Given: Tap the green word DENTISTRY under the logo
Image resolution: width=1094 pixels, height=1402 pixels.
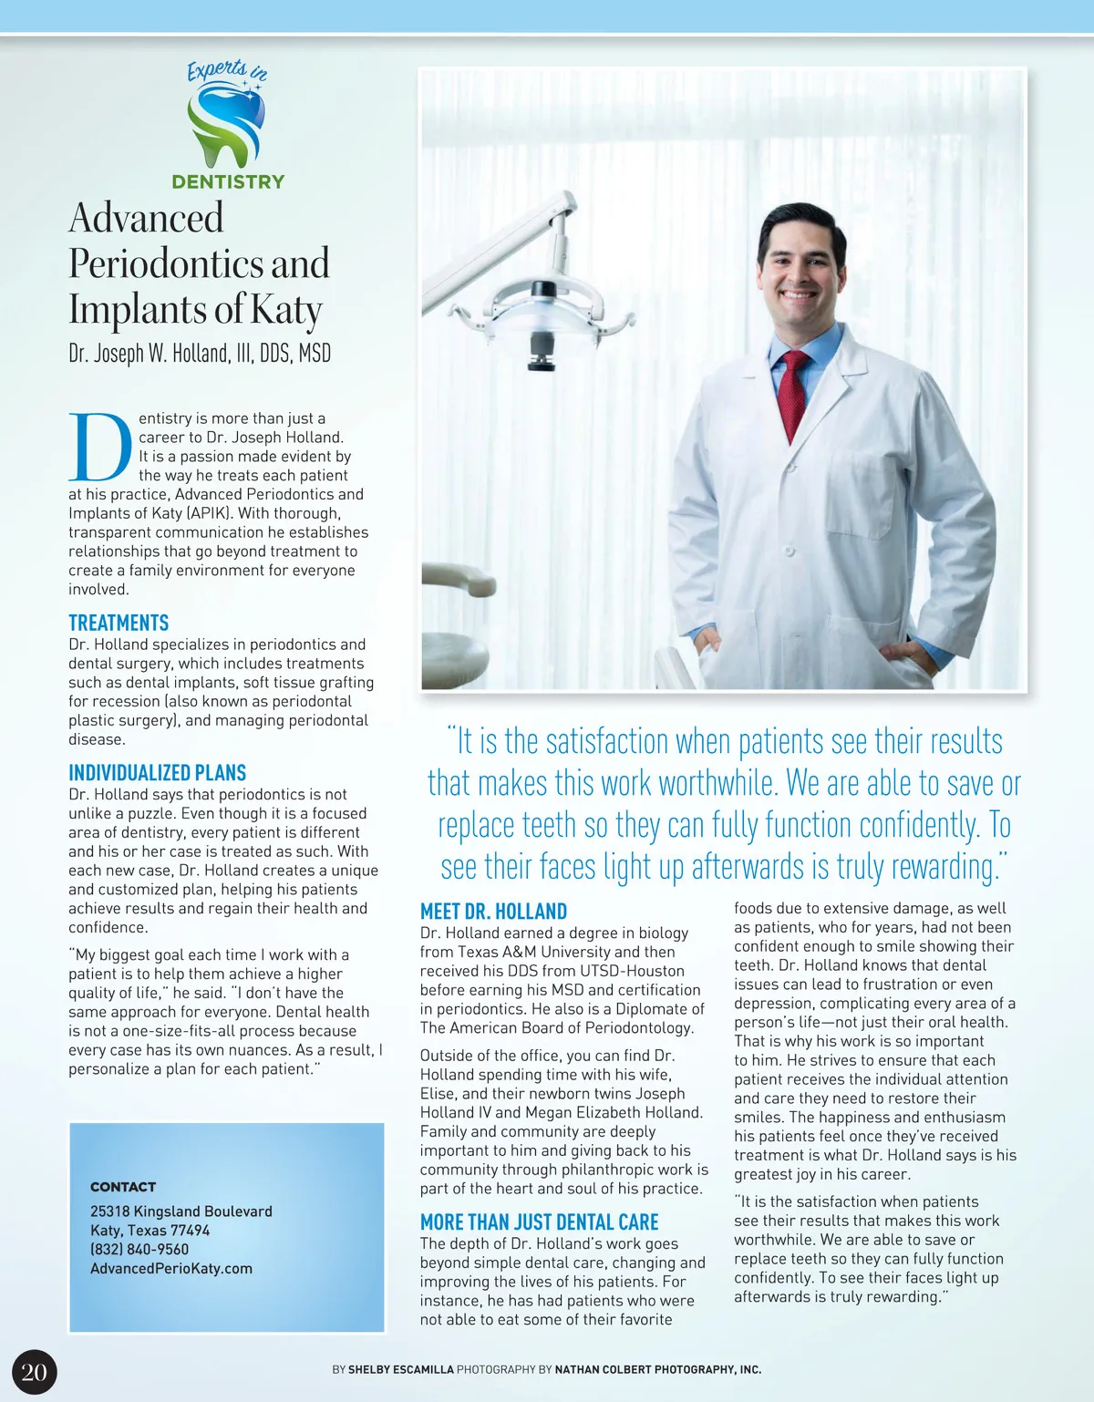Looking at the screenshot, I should pos(228,181).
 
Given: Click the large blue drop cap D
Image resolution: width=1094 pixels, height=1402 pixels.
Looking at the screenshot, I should pos(100,448).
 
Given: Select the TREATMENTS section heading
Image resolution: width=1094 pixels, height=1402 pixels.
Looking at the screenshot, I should pos(119,624).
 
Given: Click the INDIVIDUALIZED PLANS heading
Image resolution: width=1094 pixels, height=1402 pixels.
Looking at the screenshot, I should pos(157,773).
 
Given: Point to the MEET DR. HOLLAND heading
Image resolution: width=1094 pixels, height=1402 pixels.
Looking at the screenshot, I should pos(493,912).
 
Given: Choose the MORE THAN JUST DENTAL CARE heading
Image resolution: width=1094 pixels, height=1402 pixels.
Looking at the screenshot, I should pos(539,1222).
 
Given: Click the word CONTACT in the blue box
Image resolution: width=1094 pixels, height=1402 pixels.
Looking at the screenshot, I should pos(123,1187).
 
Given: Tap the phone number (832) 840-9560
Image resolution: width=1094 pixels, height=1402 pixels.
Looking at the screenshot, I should pos(139,1249).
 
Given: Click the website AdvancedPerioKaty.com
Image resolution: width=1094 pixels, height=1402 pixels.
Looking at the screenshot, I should pos(171,1268).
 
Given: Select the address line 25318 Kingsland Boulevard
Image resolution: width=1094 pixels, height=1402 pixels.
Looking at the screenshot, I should pos(181,1211).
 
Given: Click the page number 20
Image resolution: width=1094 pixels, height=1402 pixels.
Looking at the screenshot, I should pos(34,1373).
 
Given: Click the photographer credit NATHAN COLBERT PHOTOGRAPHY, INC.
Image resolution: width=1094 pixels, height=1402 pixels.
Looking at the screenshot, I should pos(657,1369).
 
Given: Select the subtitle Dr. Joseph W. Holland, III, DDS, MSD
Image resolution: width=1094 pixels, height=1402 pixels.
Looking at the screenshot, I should pos(200,353).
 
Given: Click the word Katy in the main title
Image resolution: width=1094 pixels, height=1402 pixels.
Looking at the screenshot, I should pos(285,310).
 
